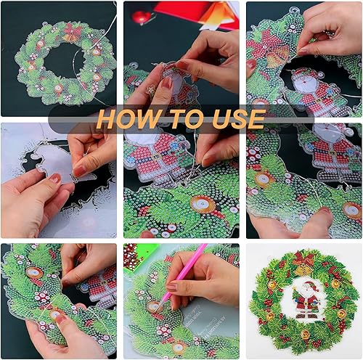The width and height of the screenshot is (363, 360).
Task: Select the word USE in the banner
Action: tap(238, 119)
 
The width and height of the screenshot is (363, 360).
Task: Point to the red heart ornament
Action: tap(142, 17)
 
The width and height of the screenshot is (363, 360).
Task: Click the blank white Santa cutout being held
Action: tap(60, 165)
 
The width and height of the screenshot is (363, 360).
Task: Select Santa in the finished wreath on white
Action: tap(306, 300)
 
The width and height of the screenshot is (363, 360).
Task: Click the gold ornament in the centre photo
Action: tap(203, 205)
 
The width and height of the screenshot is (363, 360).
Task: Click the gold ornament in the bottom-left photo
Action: tap(34, 273)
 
